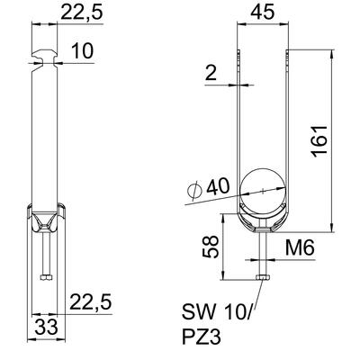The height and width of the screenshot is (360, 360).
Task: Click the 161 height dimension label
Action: click(319, 141)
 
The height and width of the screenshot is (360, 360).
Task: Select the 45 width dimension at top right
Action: click(263, 13)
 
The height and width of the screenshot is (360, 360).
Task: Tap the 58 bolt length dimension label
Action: click(210, 247)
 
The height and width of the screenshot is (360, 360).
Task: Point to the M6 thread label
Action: click(299, 248)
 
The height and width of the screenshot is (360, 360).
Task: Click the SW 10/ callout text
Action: click(218, 312)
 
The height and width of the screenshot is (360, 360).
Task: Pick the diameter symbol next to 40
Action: click(194, 191)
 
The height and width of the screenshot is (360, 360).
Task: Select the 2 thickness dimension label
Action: click(211, 72)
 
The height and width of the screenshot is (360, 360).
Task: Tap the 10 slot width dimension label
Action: click(82, 50)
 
